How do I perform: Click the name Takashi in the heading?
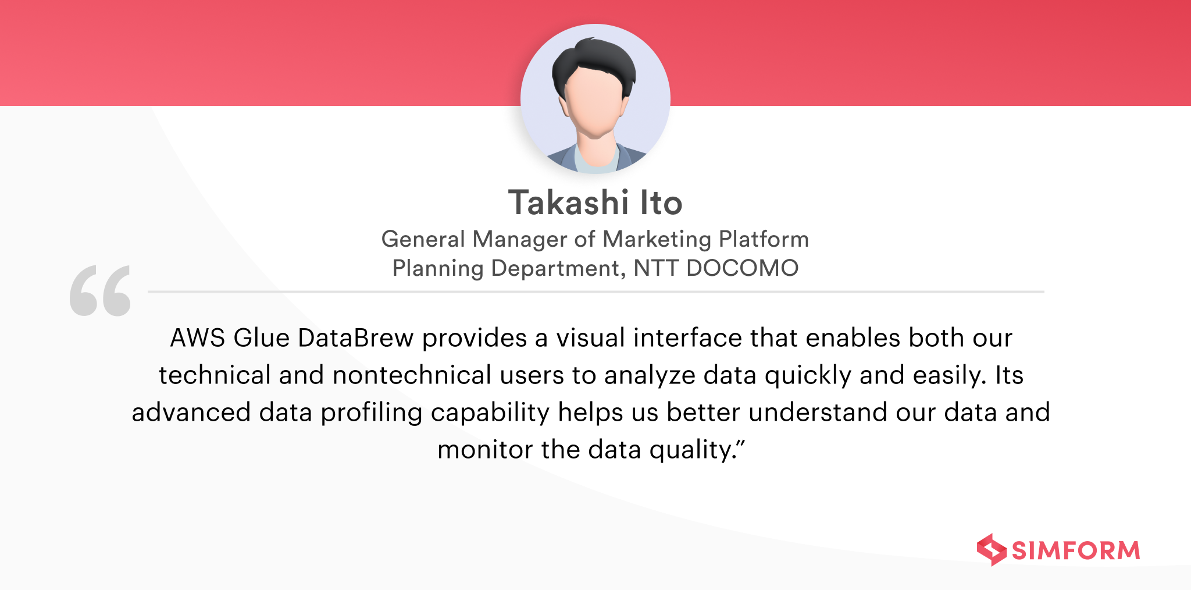[569, 202]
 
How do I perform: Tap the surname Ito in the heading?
[661, 202]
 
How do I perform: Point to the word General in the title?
[423, 239]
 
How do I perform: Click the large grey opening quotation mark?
[100, 291]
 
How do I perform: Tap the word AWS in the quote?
[197, 338]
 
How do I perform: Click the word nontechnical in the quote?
[412, 375]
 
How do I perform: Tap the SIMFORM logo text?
[1076, 550]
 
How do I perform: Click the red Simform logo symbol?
[992, 550]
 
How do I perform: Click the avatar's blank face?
[595, 105]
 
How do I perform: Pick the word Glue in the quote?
[261, 338]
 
